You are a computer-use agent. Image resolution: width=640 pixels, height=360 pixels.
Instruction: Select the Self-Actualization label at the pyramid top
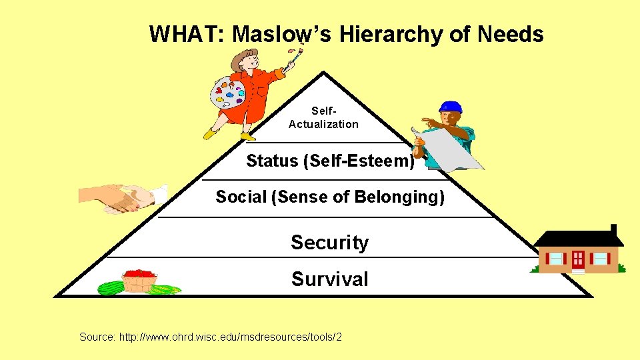[x=323, y=117]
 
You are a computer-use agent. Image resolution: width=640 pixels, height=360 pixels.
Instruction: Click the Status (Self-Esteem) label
[x=330, y=161]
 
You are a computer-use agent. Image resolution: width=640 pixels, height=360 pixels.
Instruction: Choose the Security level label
[x=329, y=243]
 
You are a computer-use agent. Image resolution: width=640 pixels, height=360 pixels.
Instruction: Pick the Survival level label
[x=329, y=279]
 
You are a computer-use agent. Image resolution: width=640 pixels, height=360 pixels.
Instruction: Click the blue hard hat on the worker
[x=451, y=107]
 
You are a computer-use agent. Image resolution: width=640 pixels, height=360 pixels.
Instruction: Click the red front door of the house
[x=577, y=259]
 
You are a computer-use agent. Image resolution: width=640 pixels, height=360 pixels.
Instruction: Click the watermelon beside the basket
[x=111, y=288]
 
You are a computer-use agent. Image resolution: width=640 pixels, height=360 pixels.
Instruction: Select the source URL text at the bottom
[x=211, y=337]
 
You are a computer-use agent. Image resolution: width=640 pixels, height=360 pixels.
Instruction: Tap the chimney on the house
[x=613, y=229]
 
